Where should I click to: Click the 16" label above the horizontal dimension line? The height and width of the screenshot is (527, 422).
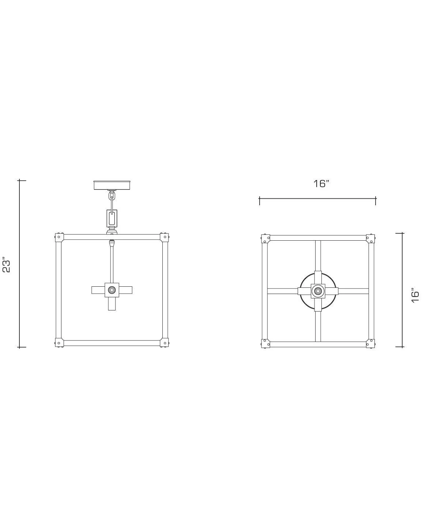(321, 183)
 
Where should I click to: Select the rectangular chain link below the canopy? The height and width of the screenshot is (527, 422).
(112, 218)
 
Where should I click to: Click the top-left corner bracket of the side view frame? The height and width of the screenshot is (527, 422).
(59, 237)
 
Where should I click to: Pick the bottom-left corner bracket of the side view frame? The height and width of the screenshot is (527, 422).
(59, 343)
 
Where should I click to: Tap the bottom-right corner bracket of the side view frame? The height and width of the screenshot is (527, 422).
(165, 343)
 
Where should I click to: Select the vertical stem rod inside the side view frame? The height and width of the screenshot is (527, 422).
(112, 263)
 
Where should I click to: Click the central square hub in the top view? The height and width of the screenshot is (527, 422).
(318, 291)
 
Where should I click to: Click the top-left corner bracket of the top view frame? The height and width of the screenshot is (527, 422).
(265, 238)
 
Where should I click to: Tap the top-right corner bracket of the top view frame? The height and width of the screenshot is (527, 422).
(371, 238)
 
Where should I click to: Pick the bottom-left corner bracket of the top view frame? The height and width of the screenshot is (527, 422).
(265, 343)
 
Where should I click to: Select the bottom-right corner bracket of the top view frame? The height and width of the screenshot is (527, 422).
(371, 343)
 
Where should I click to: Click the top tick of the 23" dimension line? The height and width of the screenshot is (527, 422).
(22, 180)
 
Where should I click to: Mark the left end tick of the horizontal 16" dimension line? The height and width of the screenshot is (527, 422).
(260, 200)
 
